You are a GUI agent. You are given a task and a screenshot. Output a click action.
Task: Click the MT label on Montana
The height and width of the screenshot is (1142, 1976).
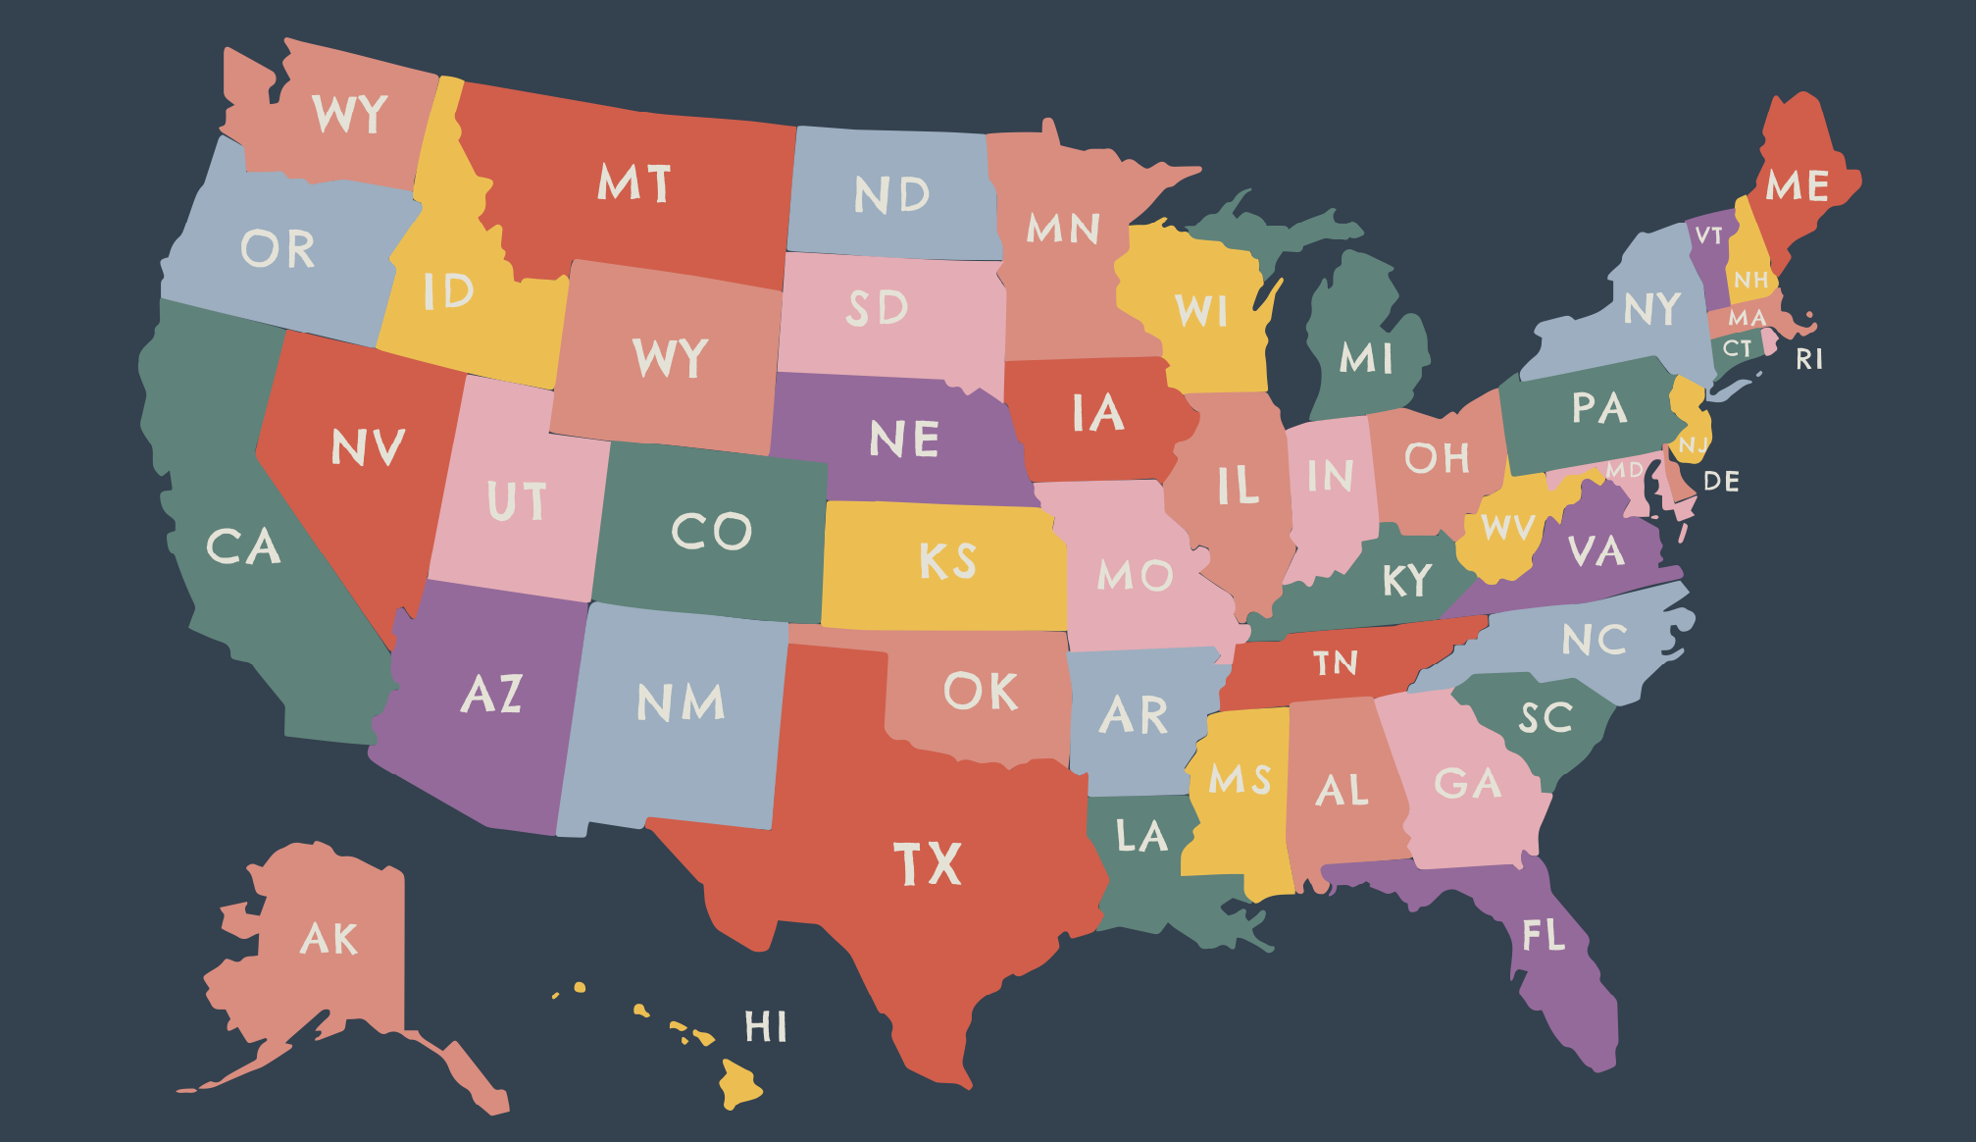tap(634, 183)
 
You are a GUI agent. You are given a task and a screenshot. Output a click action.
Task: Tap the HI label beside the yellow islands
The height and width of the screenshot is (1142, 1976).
tap(765, 1027)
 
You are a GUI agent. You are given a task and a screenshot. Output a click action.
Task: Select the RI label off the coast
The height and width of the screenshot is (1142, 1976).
tap(1809, 359)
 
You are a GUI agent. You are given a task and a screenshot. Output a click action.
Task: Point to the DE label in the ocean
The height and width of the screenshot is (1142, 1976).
tap(1721, 482)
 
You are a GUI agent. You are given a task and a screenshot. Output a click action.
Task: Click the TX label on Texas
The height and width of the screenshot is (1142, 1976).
tap(928, 864)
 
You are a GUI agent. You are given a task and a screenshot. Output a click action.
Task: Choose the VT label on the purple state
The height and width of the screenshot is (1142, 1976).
tap(1708, 235)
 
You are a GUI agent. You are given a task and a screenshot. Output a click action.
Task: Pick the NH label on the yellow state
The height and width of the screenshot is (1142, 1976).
tap(1750, 281)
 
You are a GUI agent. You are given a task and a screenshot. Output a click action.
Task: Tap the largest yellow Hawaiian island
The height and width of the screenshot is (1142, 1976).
tap(739, 1084)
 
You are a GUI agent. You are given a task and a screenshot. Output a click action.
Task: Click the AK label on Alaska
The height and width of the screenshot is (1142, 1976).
tap(329, 939)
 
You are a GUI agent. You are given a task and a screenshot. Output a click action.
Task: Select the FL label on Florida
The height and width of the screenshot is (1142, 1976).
tap(1544, 935)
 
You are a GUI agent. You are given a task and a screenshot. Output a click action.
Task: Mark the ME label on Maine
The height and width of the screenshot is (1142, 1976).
tap(1798, 185)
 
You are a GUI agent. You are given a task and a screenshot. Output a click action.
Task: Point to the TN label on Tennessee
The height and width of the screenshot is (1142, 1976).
tap(1336, 663)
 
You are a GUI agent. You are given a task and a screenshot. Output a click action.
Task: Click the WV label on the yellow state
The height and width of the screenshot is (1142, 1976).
tap(1507, 528)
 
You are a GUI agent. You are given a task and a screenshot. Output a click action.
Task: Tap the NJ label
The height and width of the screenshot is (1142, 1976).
tap(1693, 446)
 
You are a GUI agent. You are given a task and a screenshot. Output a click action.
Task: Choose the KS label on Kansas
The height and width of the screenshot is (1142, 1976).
tap(947, 561)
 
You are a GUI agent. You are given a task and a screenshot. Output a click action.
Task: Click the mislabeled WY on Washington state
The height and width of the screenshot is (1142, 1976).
tap(350, 114)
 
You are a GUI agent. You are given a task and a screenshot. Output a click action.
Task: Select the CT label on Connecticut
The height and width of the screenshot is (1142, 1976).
tap(1737, 348)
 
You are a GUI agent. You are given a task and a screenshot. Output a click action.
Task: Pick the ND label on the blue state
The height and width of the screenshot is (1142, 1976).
tap(891, 194)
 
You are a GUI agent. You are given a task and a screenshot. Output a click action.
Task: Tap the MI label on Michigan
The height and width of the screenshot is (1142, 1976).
tap(1366, 358)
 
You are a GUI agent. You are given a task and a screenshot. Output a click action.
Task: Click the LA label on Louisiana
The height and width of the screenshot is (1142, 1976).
tap(1141, 837)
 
